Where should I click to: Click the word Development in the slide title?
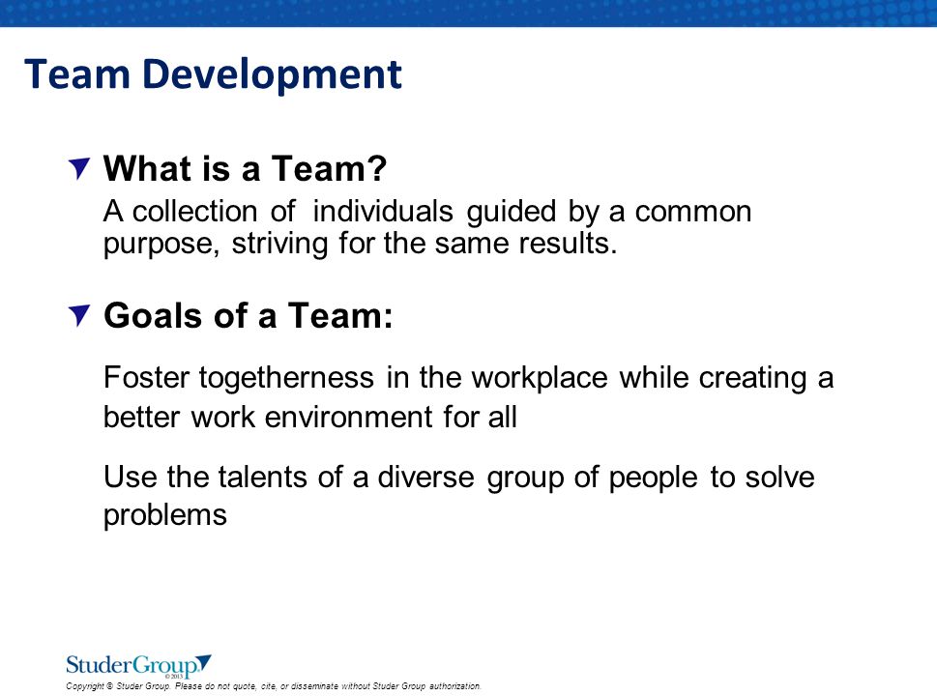pos(272,75)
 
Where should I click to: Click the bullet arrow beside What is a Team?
pos(79,168)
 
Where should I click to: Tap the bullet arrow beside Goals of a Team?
pos(79,315)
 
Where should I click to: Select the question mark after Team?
pos(375,168)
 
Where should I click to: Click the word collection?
pos(194,211)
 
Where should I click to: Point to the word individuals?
pos(383,211)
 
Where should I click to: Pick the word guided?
pos(512,212)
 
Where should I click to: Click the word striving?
pos(279,245)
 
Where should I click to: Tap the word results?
pos(569,244)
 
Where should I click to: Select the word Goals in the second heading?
pos(153,315)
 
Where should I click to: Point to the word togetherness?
pos(287,379)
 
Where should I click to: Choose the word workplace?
pos(540,379)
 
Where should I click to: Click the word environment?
pos(348,417)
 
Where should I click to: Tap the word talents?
pos(263,478)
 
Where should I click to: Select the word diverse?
pos(425,478)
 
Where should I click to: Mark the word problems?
pos(165,515)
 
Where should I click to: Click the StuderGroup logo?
pos(138,666)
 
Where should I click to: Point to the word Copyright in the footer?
pos(85,686)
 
